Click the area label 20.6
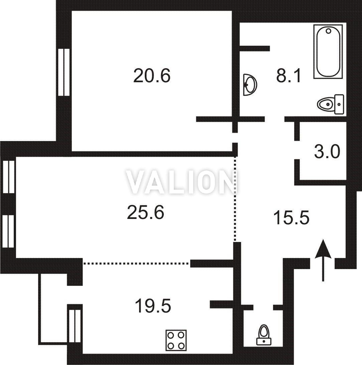(x=152, y=76)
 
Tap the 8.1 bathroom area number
(x=289, y=76)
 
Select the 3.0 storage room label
(x=327, y=151)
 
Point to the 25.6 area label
(x=145, y=213)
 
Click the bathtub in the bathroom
(x=328, y=51)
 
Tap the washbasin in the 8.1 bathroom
(x=250, y=85)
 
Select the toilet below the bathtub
(x=331, y=104)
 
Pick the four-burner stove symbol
(x=176, y=340)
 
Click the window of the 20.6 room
(x=64, y=72)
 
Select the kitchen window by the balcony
(x=75, y=326)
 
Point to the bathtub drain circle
(x=329, y=31)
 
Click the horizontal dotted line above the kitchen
(x=136, y=263)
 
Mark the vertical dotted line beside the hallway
(x=235, y=199)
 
